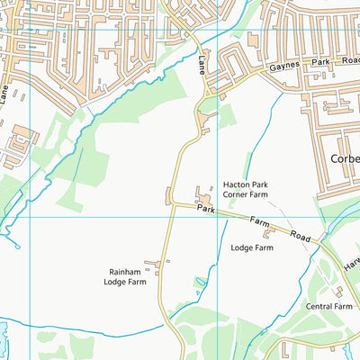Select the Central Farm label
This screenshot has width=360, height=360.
click(328, 306)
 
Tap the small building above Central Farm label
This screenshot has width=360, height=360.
click(338, 292)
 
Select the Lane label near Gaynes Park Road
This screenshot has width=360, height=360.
click(200, 63)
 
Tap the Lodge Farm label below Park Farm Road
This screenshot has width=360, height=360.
click(252, 247)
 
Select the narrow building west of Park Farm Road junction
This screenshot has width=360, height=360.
click(167, 194)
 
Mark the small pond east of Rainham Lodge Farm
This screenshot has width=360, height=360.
click(199, 283)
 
